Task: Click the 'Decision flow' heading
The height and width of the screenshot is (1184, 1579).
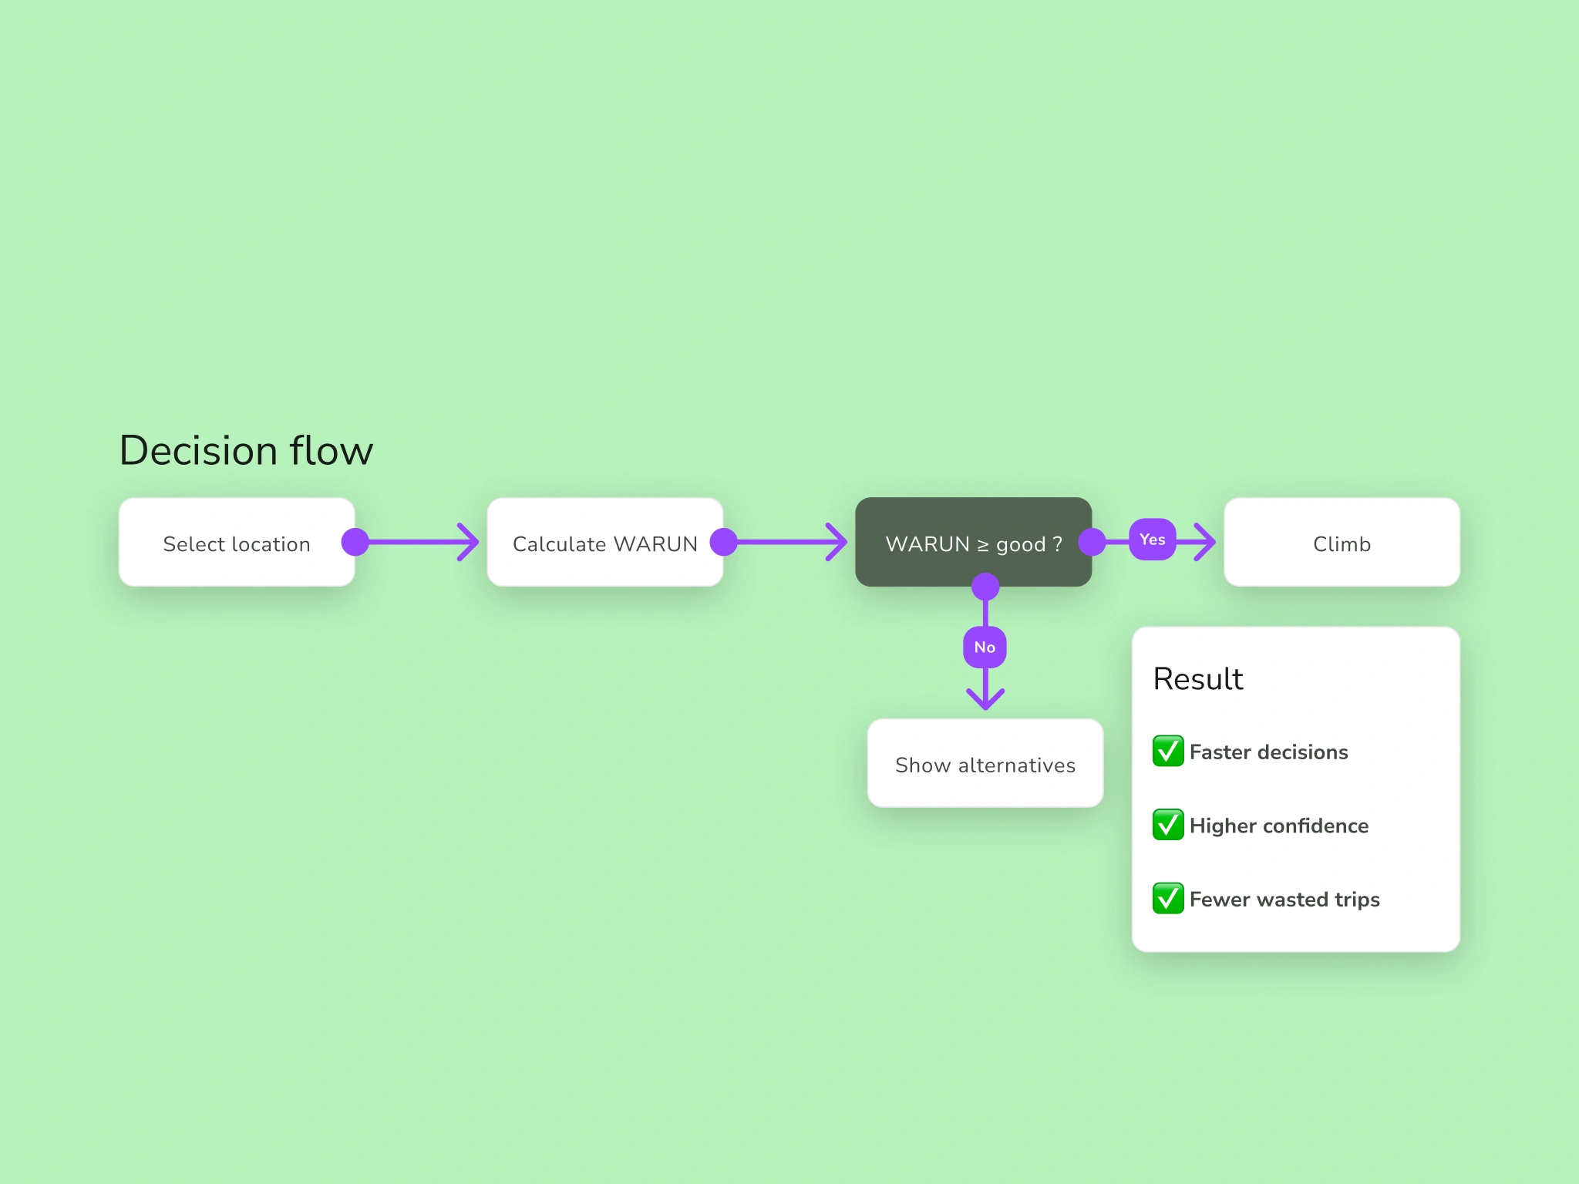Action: click(246, 450)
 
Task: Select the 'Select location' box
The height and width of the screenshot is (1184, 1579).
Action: click(237, 542)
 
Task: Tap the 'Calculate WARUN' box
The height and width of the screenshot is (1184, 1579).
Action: click(605, 542)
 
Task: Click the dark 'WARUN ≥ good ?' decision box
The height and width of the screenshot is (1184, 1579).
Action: click(973, 542)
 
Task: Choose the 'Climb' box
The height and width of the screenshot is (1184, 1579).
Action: click(1342, 542)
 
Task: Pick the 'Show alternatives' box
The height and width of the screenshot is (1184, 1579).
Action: click(985, 763)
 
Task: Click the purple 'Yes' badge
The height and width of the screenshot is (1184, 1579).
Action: click(1153, 540)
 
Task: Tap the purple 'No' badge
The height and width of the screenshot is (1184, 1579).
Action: click(985, 647)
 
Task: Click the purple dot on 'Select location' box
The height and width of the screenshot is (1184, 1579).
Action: click(355, 542)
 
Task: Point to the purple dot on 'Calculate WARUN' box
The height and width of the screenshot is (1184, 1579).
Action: click(724, 542)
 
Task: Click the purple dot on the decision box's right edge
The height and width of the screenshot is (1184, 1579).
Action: click(1092, 542)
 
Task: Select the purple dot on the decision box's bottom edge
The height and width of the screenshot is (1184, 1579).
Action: click(985, 587)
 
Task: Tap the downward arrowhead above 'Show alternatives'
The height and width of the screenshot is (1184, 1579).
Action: click(985, 700)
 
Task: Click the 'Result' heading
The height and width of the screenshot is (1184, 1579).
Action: click(1198, 679)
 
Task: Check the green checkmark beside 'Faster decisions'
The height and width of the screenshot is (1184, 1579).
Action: click(1168, 751)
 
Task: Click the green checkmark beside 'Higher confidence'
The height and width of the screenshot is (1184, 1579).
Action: click(1168, 825)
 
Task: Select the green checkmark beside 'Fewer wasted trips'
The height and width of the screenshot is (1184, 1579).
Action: click(1168, 898)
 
